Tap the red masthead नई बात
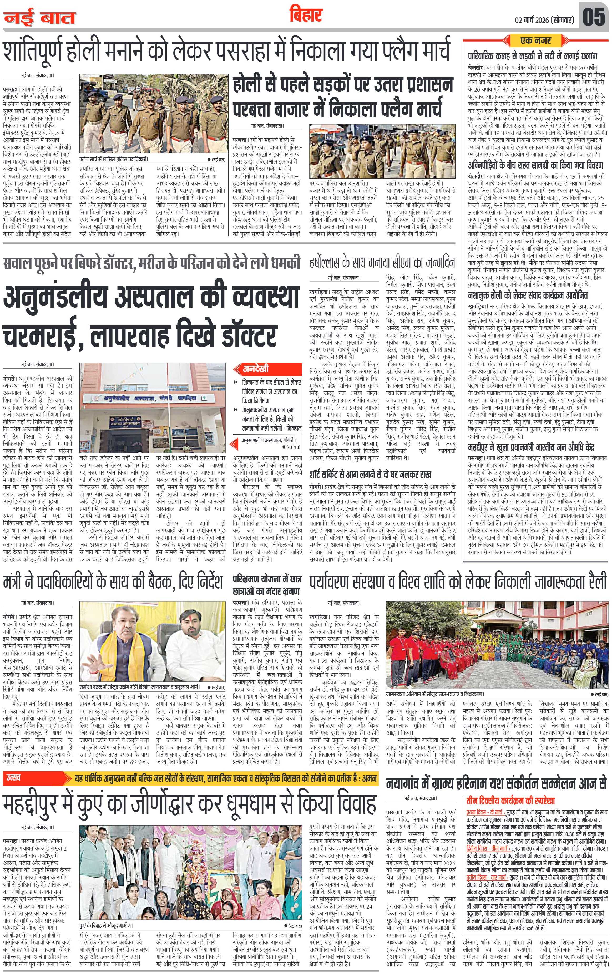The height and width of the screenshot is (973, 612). [x=40, y=18]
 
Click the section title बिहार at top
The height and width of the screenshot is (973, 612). [x=306, y=15]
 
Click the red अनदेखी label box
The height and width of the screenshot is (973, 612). [x=256, y=369]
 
